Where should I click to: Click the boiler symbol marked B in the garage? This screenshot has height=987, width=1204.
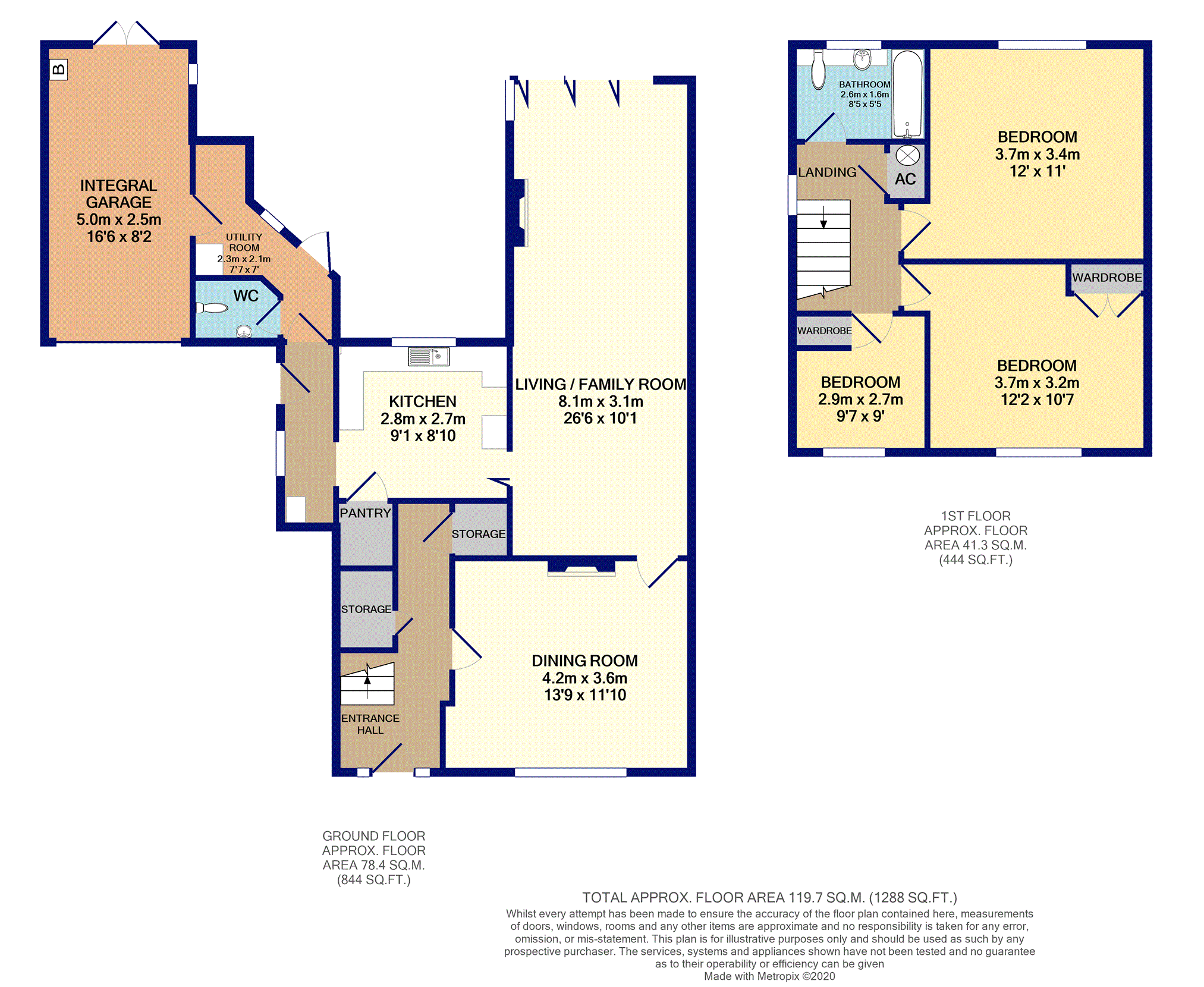click(58, 70)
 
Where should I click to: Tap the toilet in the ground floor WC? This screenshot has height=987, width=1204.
click(212, 307)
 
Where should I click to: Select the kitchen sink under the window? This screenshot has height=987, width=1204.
click(428, 356)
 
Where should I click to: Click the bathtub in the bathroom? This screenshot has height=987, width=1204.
click(907, 94)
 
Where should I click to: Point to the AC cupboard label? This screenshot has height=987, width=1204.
click(905, 179)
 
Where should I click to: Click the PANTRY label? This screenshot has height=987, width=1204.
click(365, 513)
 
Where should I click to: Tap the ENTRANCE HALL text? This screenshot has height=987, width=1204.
click(370, 724)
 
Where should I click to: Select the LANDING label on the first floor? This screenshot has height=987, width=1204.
click(827, 172)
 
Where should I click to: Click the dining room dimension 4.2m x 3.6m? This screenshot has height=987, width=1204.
click(584, 678)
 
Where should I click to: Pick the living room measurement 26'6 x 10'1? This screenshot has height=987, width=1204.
click(600, 419)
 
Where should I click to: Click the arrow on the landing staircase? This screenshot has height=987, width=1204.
click(823, 217)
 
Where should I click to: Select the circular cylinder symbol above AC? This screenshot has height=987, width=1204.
click(907, 156)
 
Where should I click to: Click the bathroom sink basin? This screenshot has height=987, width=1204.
click(862, 58)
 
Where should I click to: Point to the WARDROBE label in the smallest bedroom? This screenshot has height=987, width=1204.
click(824, 331)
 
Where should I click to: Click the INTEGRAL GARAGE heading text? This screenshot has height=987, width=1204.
click(119, 194)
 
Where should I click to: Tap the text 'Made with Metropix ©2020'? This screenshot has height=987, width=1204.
click(769, 976)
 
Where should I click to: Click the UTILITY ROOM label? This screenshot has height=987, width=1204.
click(244, 242)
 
